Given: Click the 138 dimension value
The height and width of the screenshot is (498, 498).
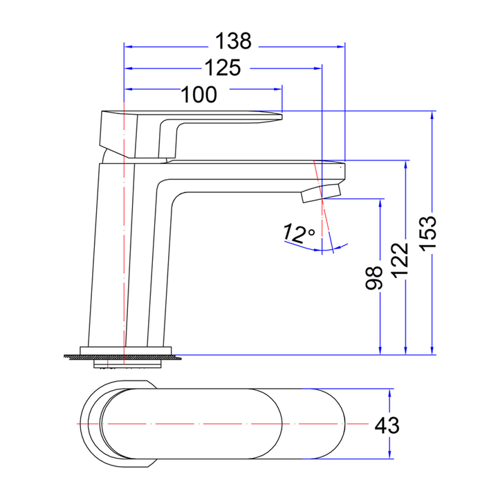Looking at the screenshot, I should pyautogui.click(x=232, y=42).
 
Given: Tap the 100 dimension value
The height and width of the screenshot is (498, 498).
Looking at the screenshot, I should pyautogui.click(x=199, y=94).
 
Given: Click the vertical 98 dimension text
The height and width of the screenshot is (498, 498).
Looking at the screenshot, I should pyautogui.click(x=374, y=278).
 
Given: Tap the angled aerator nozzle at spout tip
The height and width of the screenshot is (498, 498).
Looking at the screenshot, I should pyautogui.click(x=322, y=192).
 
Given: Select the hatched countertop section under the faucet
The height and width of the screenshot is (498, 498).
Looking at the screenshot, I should pyautogui.click(x=124, y=357).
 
